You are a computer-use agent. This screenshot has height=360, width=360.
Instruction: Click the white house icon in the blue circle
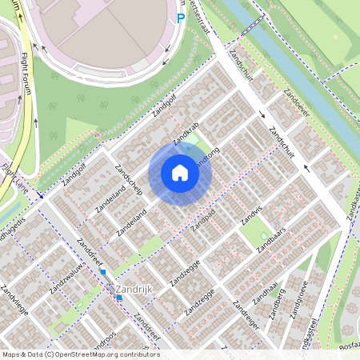[180, 173]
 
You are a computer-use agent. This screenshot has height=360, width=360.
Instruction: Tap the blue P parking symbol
[181, 18]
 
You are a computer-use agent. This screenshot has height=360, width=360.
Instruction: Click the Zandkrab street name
[185, 134]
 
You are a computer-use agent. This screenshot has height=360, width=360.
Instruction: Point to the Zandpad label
[202, 219]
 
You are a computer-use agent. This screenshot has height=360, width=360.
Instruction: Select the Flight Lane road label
[14, 179]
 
